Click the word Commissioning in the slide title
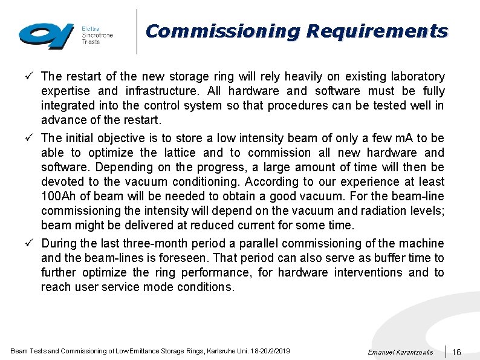pyautogui.click(x=222, y=31)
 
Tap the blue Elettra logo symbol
pyautogui.click(x=46, y=36)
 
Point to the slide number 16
pyautogui.click(x=457, y=352)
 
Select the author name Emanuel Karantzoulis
pyautogui.click(x=400, y=352)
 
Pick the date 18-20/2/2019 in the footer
pyautogui.click(x=269, y=351)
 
